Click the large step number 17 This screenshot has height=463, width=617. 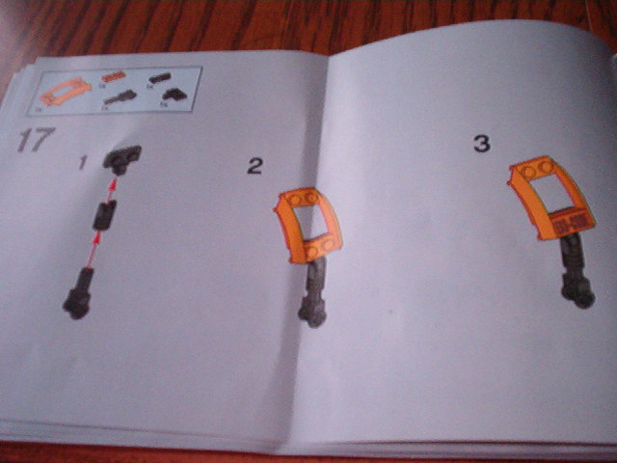31,140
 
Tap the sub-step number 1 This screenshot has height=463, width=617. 84,165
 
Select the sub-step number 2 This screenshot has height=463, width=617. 254,167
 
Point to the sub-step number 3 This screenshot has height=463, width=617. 481,145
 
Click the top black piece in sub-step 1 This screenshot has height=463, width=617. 123,156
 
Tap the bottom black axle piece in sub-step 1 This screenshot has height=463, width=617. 79,292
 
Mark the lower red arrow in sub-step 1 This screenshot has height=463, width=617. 92,252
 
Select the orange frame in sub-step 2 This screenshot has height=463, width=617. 306,226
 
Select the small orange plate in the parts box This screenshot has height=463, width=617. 112,75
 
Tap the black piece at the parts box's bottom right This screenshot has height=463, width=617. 174,95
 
